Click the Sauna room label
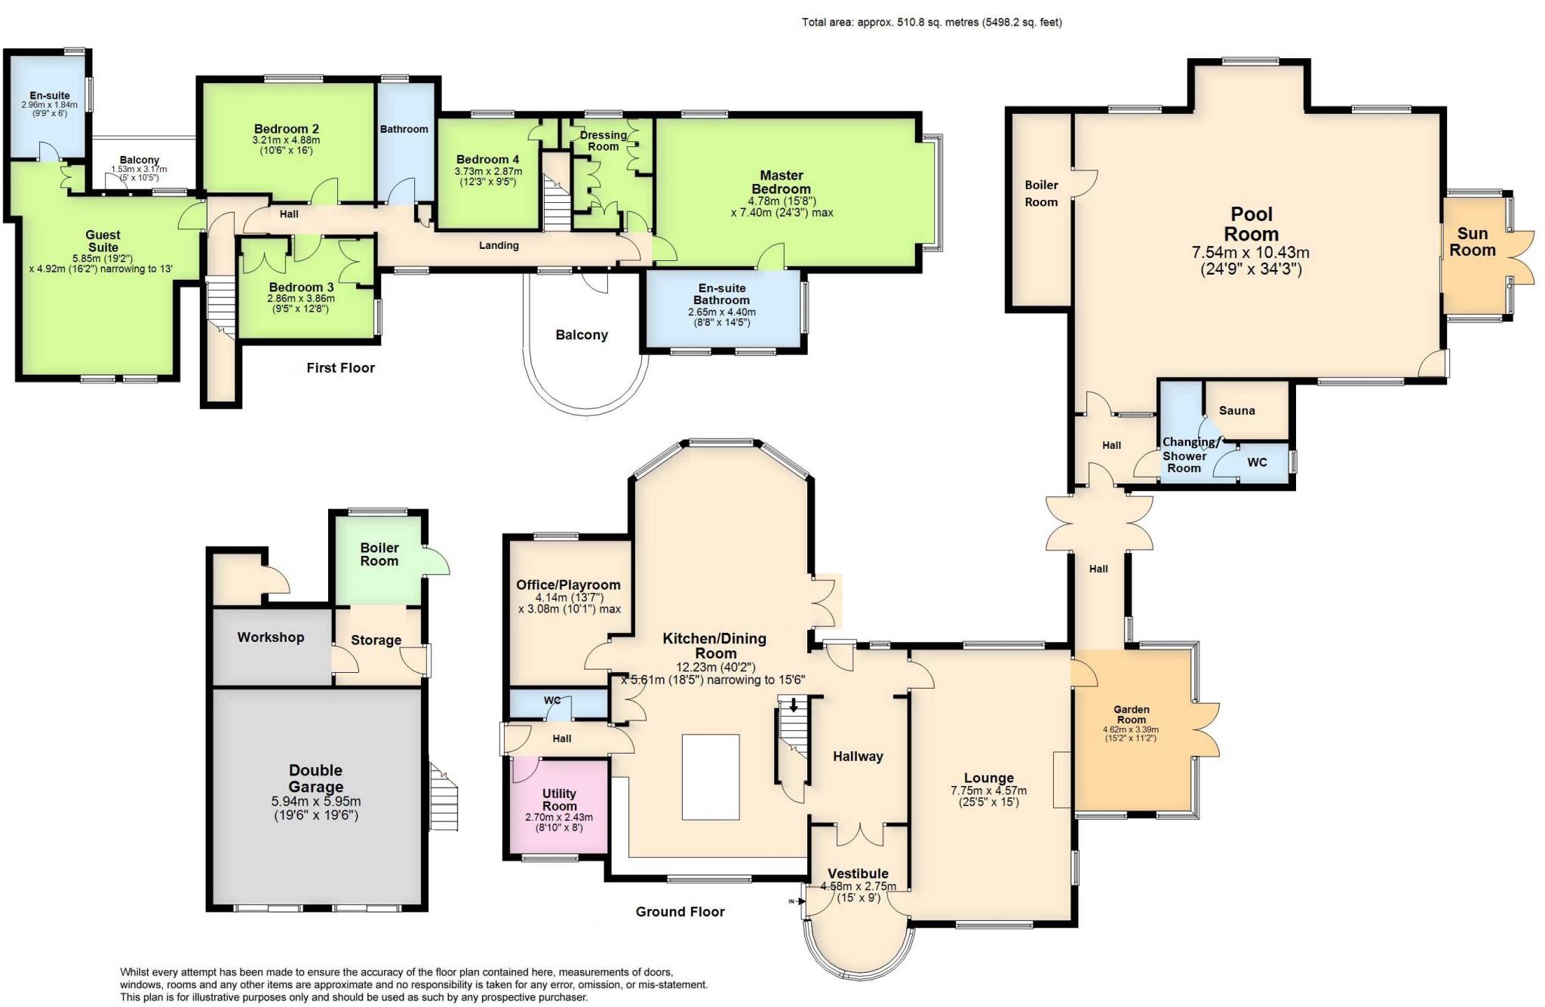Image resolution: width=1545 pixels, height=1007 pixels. coord(1236,410)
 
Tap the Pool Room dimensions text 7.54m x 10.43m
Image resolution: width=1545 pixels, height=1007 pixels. coord(1251,252)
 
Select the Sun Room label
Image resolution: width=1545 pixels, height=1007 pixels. coord(1472,242)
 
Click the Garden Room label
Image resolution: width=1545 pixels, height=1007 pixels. coord(1132,714)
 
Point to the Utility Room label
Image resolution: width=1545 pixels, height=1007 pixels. coord(559,800)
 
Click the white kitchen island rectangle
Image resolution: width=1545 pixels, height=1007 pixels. coord(711,776)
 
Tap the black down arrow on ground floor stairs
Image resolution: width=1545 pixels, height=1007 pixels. coord(793,705)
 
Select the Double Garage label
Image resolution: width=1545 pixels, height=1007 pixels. coord(315,778)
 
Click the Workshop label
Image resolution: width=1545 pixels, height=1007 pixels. coord(270,637)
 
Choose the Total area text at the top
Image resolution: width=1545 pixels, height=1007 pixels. coord(932,23)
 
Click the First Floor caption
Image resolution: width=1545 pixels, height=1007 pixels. coord(340,368)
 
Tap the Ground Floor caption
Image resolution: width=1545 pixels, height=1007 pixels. coord(680,912)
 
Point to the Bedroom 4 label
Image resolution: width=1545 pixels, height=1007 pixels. coord(487,159)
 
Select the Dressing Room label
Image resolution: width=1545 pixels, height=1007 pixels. coord(603,140)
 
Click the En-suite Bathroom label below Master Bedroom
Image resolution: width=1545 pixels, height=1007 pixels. coord(722,294)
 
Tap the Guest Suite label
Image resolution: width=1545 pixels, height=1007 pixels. coord(103,241)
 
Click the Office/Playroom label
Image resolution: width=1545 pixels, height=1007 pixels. coord(568,585)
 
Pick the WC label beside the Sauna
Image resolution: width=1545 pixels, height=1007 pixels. coord(1257,462)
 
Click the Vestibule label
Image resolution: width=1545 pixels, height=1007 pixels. coord(858,873)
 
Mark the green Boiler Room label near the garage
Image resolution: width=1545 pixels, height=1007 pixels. coord(379,554)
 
